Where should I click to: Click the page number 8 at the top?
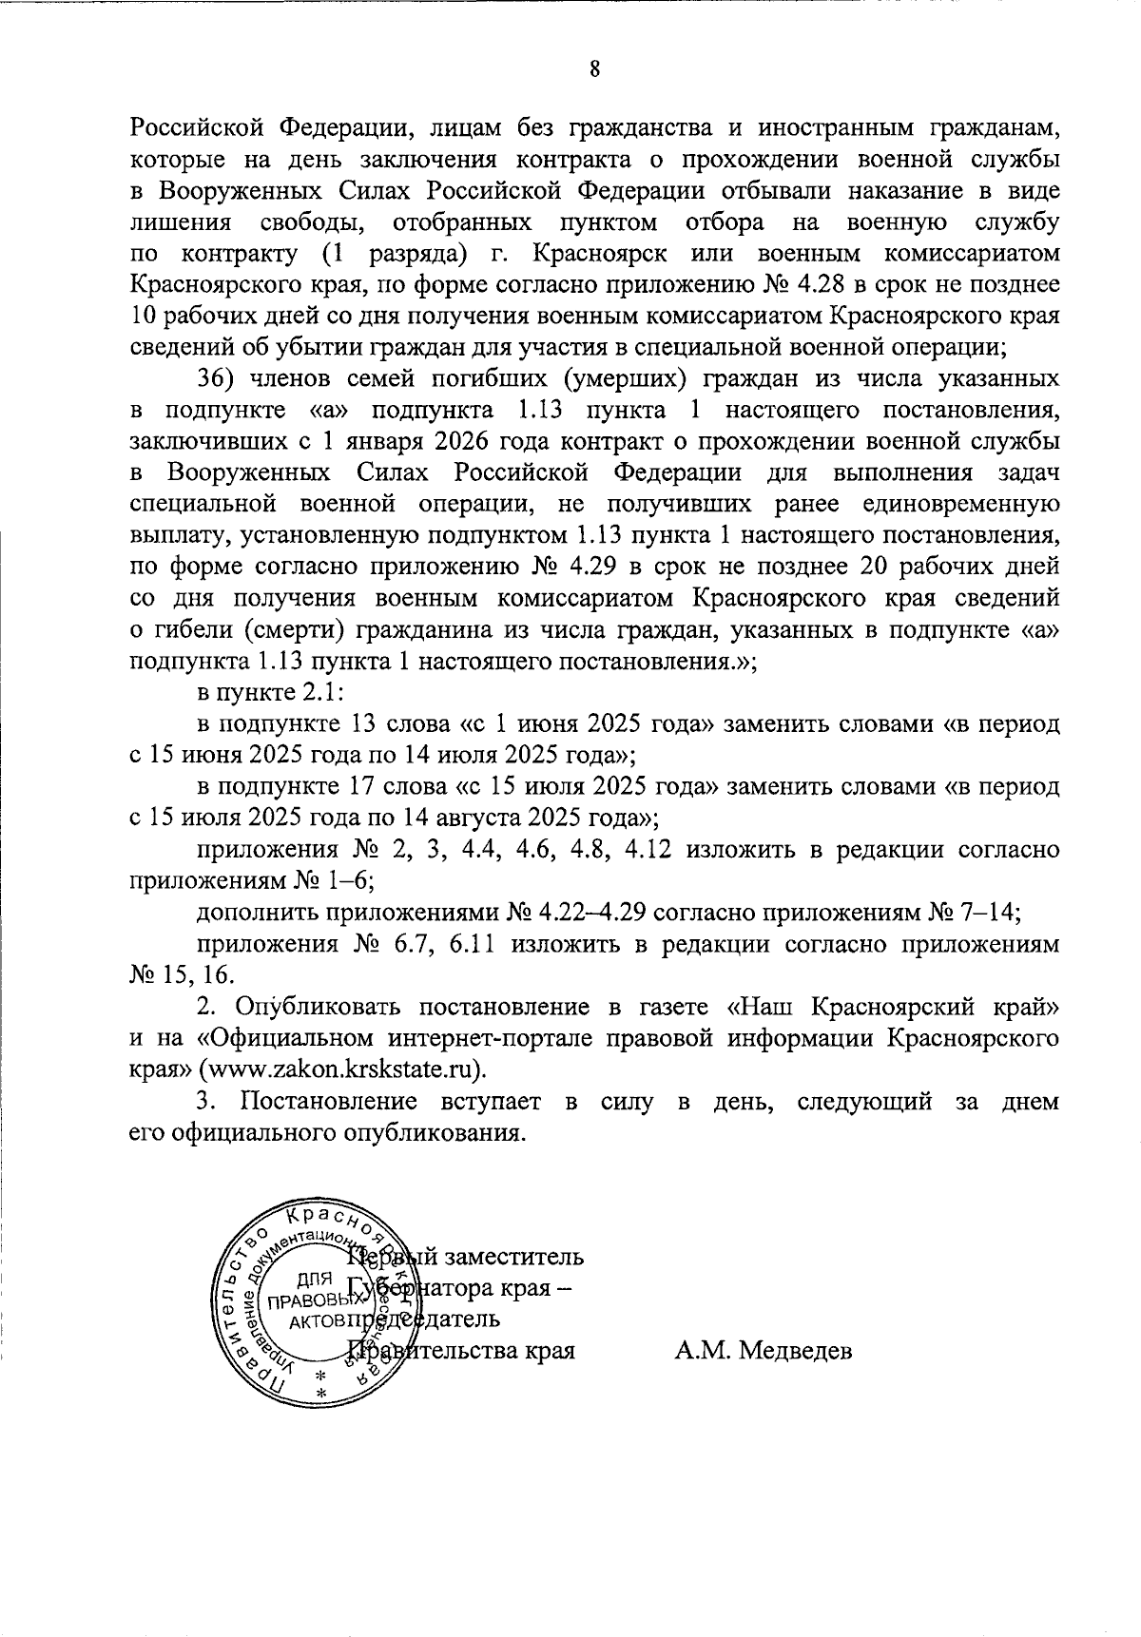(x=594, y=69)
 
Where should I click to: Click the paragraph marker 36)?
(x=216, y=379)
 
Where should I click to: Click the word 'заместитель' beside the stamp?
(x=516, y=1258)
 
